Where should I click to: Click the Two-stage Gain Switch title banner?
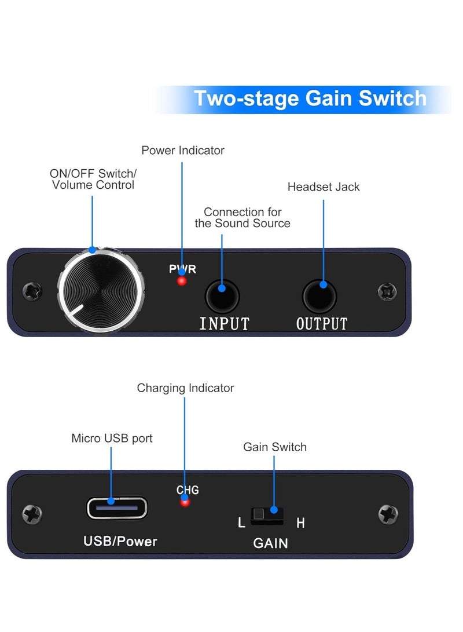(x=310, y=98)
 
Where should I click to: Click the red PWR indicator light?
(x=182, y=282)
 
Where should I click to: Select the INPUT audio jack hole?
(x=222, y=297)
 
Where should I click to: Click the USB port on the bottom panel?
(x=117, y=508)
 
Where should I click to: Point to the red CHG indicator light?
(x=185, y=502)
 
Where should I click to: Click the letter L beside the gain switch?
(x=241, y=523)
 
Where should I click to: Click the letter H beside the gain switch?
(x=300, y=524)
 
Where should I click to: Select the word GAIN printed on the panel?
(x=270, y=543)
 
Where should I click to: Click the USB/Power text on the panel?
(x=120, y=541)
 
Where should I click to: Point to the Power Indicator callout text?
(x=183, y=151)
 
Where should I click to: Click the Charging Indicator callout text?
(x=185, y=388)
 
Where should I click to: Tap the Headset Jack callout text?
(x=324, y=187)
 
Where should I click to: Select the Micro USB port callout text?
(x=112, y=439)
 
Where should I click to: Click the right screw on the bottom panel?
(x=388, y=514)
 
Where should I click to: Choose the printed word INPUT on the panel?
(x=225, y=323)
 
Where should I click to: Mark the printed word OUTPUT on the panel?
(x=322, y=324)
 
